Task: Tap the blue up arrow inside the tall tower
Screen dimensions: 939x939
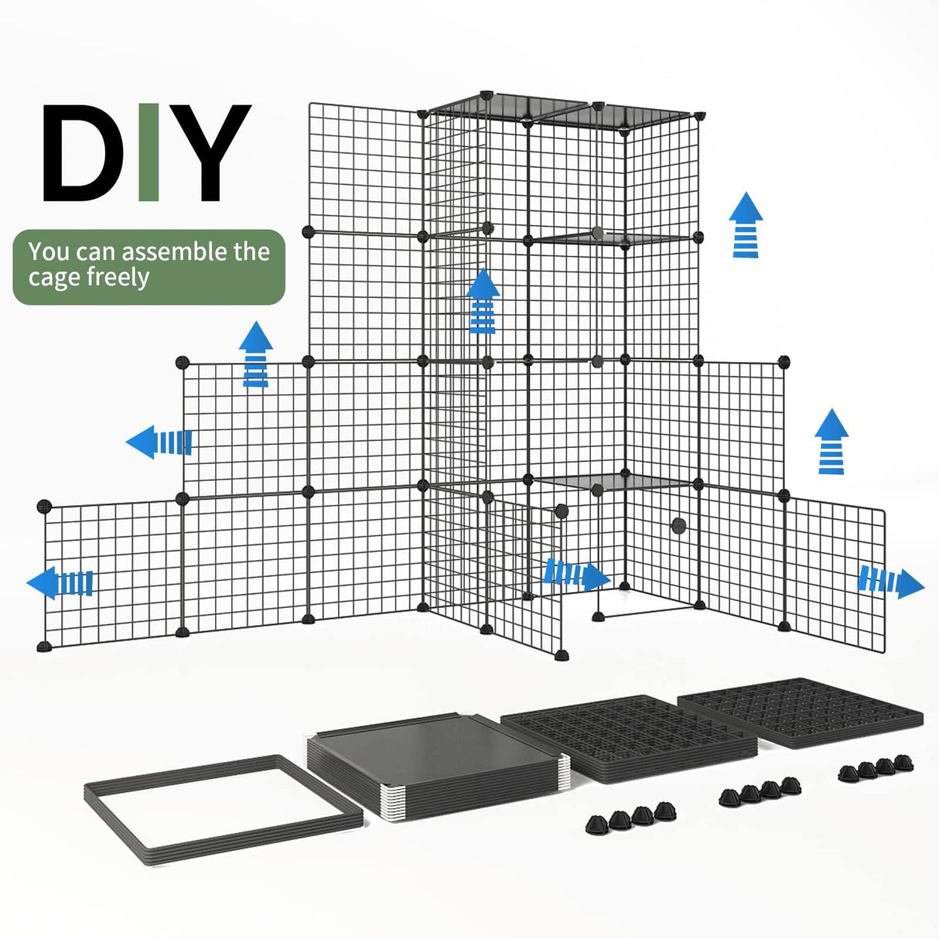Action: (x=483, y=302)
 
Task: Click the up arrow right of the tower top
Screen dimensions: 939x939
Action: (x=746, y=225)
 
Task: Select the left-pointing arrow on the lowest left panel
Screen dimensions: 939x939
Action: (x=60, y=582)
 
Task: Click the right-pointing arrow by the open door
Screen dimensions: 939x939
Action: (x=576, y=575)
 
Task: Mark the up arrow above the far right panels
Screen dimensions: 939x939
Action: (x=831, y=441)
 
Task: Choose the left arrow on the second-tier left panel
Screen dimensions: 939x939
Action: (x=159, y=442)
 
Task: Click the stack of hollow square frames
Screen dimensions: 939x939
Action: (x=223, y=804)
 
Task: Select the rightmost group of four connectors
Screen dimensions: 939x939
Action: (x=876, y=767)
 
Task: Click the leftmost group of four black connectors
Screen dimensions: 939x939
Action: (x=631, y=816)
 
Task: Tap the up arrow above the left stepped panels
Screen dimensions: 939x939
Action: (x=255, y=354)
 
